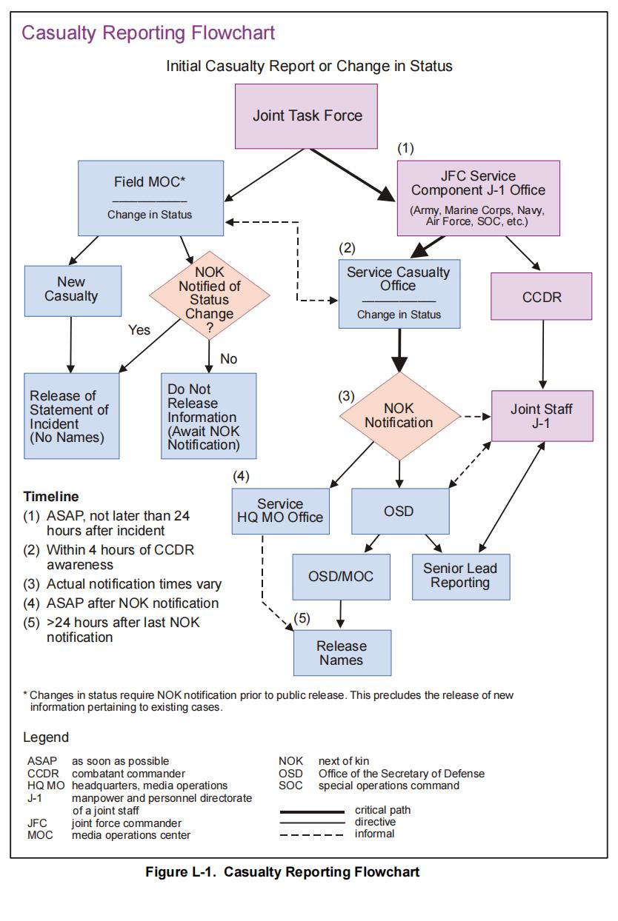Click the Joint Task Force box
coord(308,115)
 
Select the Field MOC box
coord(150,197)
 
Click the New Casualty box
coord(71,289)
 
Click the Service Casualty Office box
coord(399,292)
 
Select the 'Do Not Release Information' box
coord(209,416)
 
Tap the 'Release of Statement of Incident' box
coord(71,416)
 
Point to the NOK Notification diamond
coord(399,415)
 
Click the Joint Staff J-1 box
coord(542,416)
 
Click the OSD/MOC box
coord(342,576)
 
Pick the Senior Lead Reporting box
coord(461,575)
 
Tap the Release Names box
coord(342,652)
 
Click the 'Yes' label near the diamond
coord(139,330)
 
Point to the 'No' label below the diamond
coord(229,359)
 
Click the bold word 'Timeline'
coord(51,497)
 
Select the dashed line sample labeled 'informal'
coord(312,834)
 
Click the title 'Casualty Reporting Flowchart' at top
coord(148,33)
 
